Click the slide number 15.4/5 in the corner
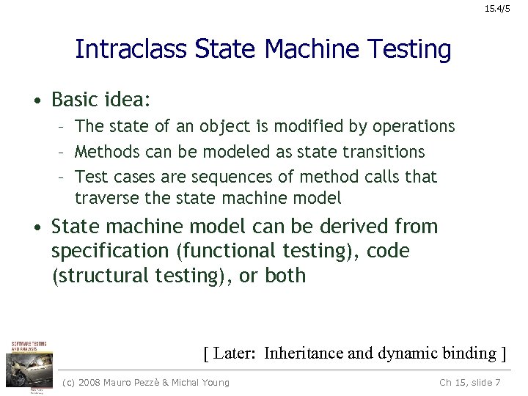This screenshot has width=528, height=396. pyautogui.click(x=504, y=9)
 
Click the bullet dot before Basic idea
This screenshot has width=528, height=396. pyautogui.click(x=35, y=99)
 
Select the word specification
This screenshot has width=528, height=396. pyautogui.click(x=110, y=251)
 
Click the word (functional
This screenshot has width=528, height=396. pyautogui.click(x=226, y=251)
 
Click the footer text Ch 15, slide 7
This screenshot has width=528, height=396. pyautogui.click(x=469, y=382)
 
